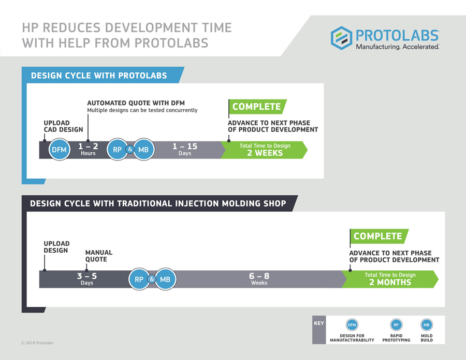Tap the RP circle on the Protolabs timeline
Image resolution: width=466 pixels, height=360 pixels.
click(x=117, y=150)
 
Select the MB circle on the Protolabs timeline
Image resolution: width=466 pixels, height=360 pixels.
click(x=143, y=150)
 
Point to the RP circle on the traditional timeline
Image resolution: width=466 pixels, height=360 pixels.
click(x=139, y=280)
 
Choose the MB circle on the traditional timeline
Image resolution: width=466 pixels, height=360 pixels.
click(x=165, y=280)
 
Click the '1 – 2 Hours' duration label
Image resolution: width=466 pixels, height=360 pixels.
click(x=88, y=150)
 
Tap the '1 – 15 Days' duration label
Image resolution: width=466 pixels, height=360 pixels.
click(x=185, y=150)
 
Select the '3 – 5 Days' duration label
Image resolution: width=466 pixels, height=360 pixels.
click(x=87, y=279)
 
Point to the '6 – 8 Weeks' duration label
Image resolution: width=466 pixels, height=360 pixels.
click(x=259, y=279)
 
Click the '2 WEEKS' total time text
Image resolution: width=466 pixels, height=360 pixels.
click(x=265, y=153)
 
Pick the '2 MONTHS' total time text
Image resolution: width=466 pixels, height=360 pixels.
click(x=390, y=283)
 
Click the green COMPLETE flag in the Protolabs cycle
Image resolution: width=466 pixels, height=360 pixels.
click(x=257, y=107)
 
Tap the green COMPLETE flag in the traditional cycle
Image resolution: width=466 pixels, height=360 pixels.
click(x=378, y=236)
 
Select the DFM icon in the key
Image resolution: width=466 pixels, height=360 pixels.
click(x=352, y=325)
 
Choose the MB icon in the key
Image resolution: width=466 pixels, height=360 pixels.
click(x=427, y=325)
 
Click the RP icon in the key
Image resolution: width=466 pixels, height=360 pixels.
click(x=396, y=325)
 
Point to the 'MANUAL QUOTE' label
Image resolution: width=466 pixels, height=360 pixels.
click(x=98, y=256)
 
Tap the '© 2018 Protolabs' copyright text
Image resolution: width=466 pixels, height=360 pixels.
click(x=37, y=343)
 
